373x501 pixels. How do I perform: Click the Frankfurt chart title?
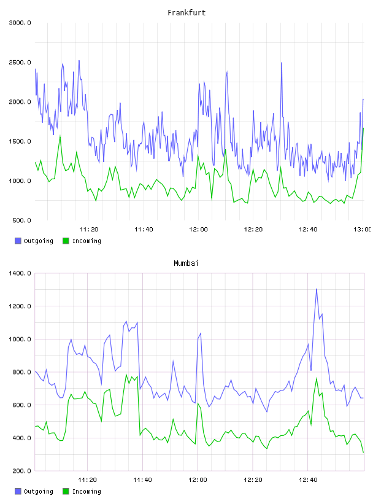pos(186,13)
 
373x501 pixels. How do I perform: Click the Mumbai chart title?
pos(186,263)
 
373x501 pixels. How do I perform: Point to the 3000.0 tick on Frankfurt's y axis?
pos(20,23)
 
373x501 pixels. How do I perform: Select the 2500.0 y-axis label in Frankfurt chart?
pos(20,62)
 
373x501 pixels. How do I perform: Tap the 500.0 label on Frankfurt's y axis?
pos(21,220)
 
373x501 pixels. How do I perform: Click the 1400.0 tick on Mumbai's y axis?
pos(20,273)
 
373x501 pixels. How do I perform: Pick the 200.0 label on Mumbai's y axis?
pos(21,471)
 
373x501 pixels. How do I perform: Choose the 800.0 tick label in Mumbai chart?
pos(21,372)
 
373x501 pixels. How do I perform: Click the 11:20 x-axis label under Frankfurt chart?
pos(89,230)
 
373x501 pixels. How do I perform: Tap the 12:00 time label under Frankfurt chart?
pos(198,230)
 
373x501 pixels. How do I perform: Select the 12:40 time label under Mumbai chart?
pos(308,480)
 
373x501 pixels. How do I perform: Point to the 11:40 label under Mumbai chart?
pos(142,480)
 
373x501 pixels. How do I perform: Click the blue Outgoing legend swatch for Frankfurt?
pos(18,241)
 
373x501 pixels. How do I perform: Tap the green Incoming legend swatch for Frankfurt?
pos(66,241)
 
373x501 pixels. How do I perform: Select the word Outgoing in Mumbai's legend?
pos(38,491)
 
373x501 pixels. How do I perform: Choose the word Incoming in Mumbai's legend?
pos(87,491)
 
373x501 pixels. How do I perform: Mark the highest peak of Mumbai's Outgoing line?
pos(317,289)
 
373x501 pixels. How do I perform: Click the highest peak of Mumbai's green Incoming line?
pos(317,378)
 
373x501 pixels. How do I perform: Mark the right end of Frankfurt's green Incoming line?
pos(363,128)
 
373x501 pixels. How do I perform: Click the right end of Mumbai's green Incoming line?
pos(364,452)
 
